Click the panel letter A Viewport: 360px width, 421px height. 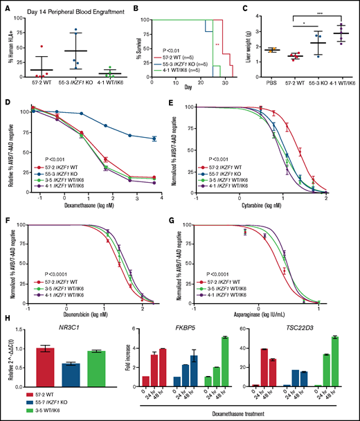point(6,6)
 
